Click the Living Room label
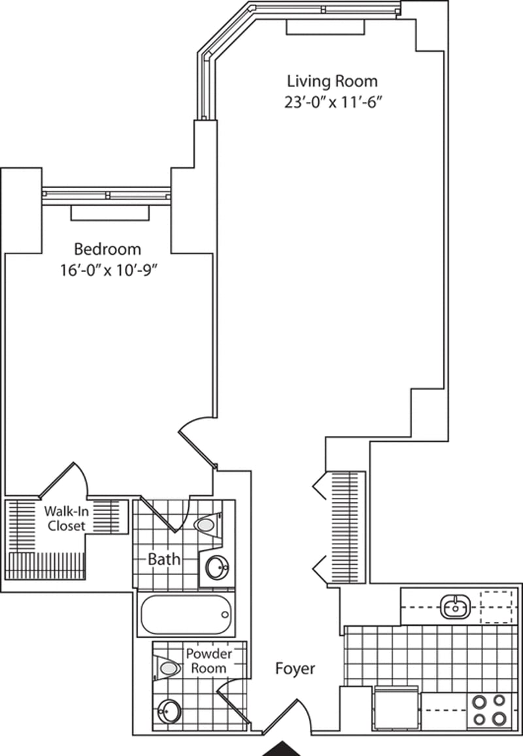point(332,81)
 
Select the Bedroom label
point(108,249)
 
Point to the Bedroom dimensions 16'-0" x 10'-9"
point(110,270)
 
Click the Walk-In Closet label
point(66,518)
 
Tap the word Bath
point(164,559)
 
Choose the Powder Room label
point(209,661)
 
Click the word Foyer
point(295,668)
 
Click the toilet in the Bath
point(209,524)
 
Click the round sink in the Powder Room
point(169,711)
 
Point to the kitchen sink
point(454,606)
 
